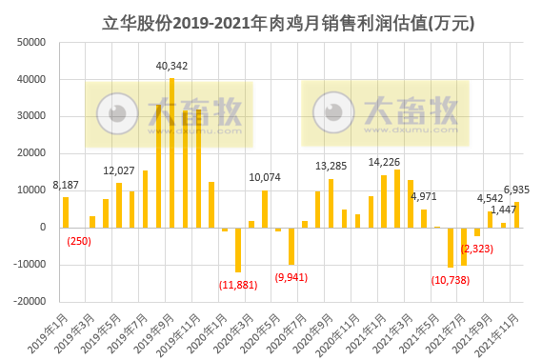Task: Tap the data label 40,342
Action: click(171, 66)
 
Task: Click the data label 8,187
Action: click(66, 186)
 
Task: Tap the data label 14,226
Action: click(384, 162)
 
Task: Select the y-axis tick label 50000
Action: click(31, 43)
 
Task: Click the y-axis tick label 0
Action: click(44, 228)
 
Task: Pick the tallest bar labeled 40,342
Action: click(171, 152)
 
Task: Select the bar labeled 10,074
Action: click(265, 209)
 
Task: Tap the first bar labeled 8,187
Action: click(66, 212)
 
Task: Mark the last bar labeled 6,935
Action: click(516, 214)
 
